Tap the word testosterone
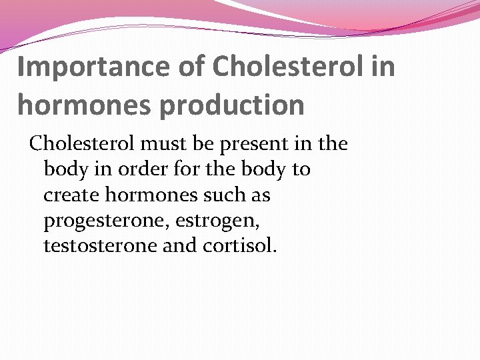[x=98, y=246]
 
